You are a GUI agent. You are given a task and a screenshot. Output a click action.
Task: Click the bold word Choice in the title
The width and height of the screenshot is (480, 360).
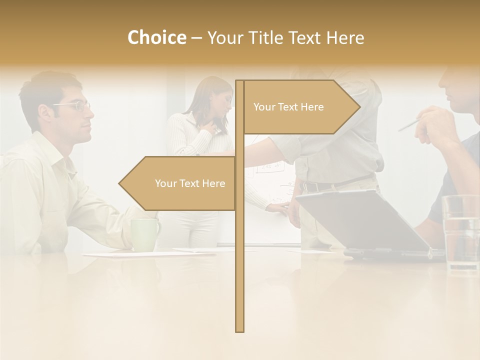[x=156, y=37]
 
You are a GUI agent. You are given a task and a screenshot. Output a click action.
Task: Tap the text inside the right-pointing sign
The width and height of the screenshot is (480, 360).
[x=288, y=107]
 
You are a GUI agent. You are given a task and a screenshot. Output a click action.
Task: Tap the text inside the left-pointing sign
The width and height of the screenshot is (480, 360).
[x=190, y=183]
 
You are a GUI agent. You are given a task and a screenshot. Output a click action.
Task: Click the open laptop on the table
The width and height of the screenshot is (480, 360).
[x=365, y=222]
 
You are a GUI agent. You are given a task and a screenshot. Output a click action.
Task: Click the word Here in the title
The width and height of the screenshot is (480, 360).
[x=345, y=37]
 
